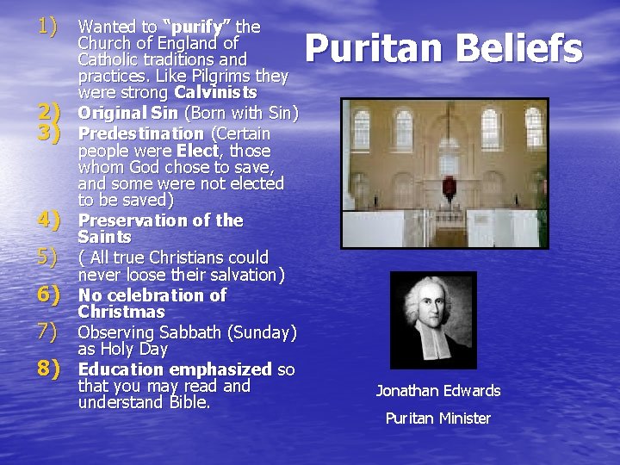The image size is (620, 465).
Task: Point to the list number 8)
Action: point(46,369)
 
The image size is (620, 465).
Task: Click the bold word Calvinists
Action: point(215,92)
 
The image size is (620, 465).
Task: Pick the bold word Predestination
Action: point(141,133)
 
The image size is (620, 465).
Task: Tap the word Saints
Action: point(104,237)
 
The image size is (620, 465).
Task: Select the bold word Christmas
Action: point(121,312)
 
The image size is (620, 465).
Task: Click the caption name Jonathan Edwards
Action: point(438,391)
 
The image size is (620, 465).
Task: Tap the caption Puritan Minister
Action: point(438,418)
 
